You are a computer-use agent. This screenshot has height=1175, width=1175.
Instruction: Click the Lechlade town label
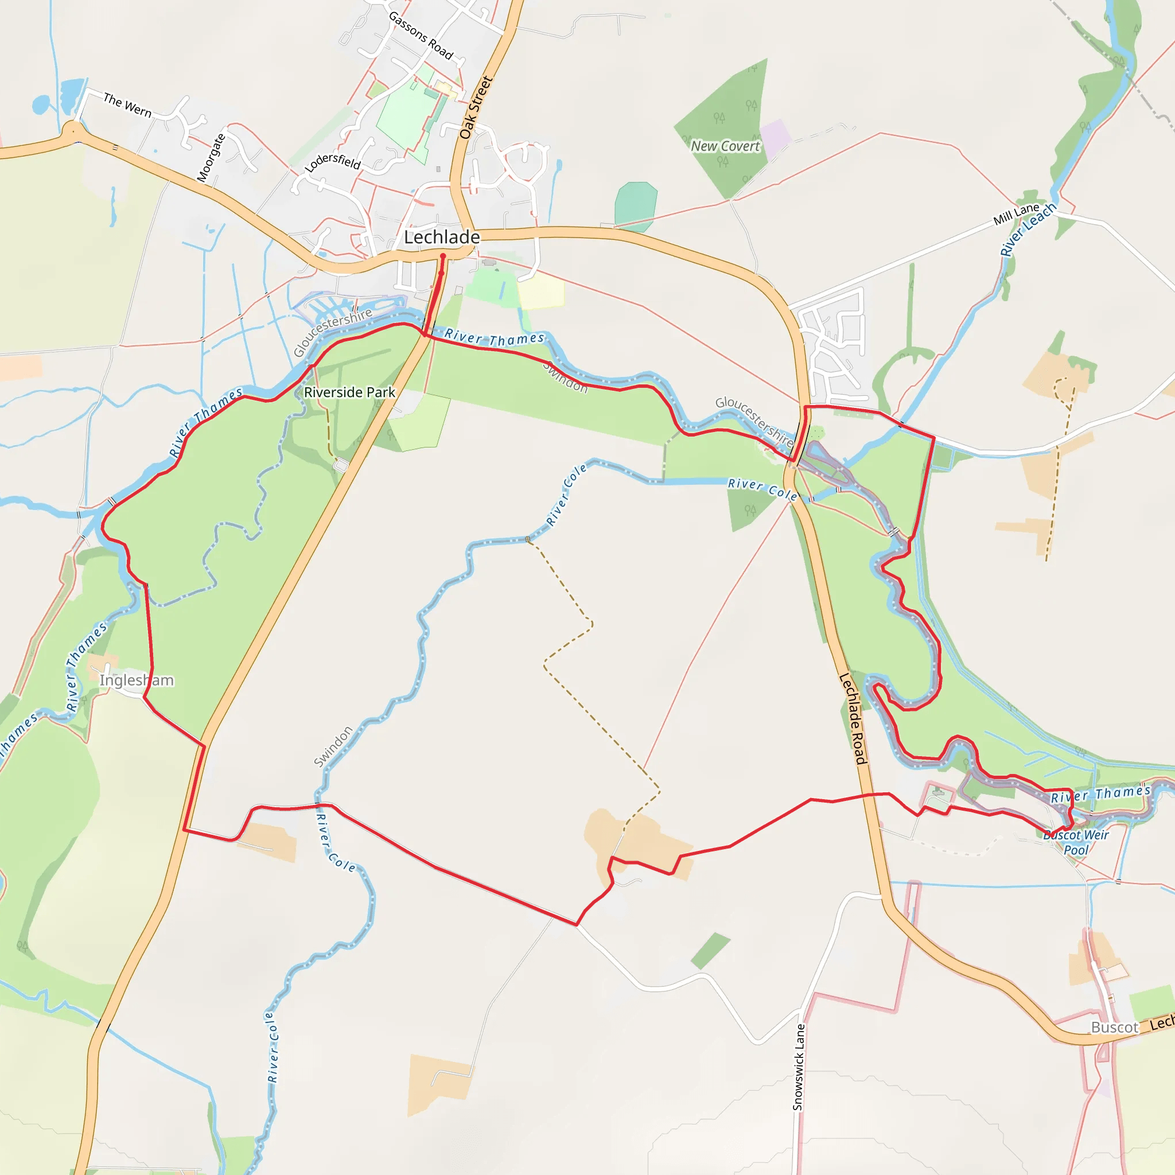pos(442,237)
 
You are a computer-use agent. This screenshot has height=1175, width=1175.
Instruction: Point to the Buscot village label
pos(1114,1027)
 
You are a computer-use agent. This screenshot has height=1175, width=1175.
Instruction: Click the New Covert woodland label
pos(725,146)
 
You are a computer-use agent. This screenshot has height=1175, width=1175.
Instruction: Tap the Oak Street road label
pos(475,107)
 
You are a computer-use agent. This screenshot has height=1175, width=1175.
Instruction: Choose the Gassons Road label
pos(421,35)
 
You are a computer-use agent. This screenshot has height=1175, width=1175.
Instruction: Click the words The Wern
pos(127,104)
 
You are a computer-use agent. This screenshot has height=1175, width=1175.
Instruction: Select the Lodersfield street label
pos(333,162)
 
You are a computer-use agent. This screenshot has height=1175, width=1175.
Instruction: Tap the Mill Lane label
pos(1016,214)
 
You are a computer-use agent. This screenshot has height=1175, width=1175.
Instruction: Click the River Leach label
pos(1028,229)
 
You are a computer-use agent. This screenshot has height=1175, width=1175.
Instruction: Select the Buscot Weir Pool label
pos(1076,842)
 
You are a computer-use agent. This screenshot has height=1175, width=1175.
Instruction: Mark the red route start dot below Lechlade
pos(443,256)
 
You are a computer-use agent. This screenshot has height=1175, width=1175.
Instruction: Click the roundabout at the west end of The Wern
pos(73,130)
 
